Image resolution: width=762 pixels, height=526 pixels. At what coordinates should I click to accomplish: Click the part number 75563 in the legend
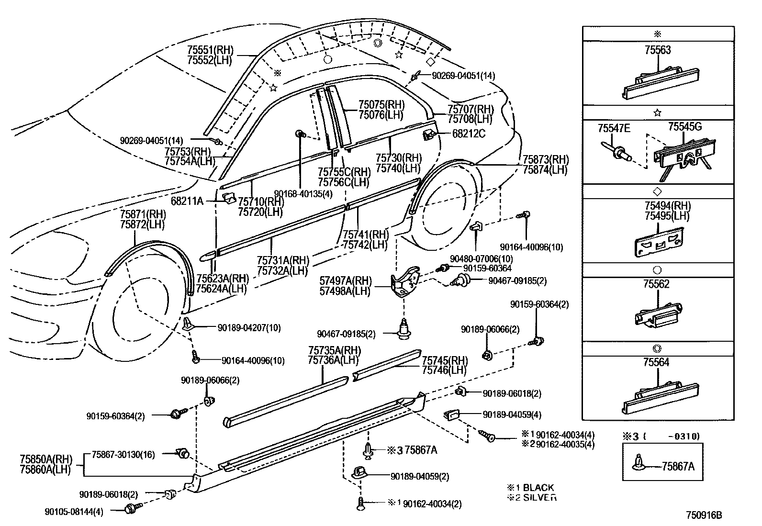coord(658,50)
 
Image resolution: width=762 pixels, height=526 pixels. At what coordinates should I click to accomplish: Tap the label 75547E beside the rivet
coord(614,128)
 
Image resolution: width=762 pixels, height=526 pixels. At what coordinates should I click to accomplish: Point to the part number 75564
coord(656,362)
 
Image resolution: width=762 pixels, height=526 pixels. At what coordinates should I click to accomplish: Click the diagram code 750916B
coord(704,515)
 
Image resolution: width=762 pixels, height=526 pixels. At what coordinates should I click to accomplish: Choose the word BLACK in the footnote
coord(538,488)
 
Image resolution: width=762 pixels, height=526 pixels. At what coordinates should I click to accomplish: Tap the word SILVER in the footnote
coord(540,497)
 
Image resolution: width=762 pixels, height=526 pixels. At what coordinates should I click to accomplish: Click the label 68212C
coord(469,134)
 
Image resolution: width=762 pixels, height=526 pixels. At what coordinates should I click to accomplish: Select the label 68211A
coord(187,201)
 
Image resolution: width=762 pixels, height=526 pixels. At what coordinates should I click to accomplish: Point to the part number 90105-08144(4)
coord(74,512)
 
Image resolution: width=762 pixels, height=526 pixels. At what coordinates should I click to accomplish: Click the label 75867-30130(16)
coord(123,455)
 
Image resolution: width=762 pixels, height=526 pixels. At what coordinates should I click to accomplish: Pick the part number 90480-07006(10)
coord(482,259)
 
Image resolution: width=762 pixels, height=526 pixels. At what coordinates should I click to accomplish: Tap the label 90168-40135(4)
coord(303,194)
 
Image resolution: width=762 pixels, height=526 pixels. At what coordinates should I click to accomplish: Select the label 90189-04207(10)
coord(249,328)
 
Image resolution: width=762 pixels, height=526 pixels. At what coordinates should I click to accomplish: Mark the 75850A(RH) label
coord(46,459)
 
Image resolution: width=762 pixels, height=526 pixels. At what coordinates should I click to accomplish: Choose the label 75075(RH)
coord(381,105)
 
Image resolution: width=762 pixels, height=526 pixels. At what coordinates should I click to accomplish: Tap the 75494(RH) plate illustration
coord(659,242)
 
